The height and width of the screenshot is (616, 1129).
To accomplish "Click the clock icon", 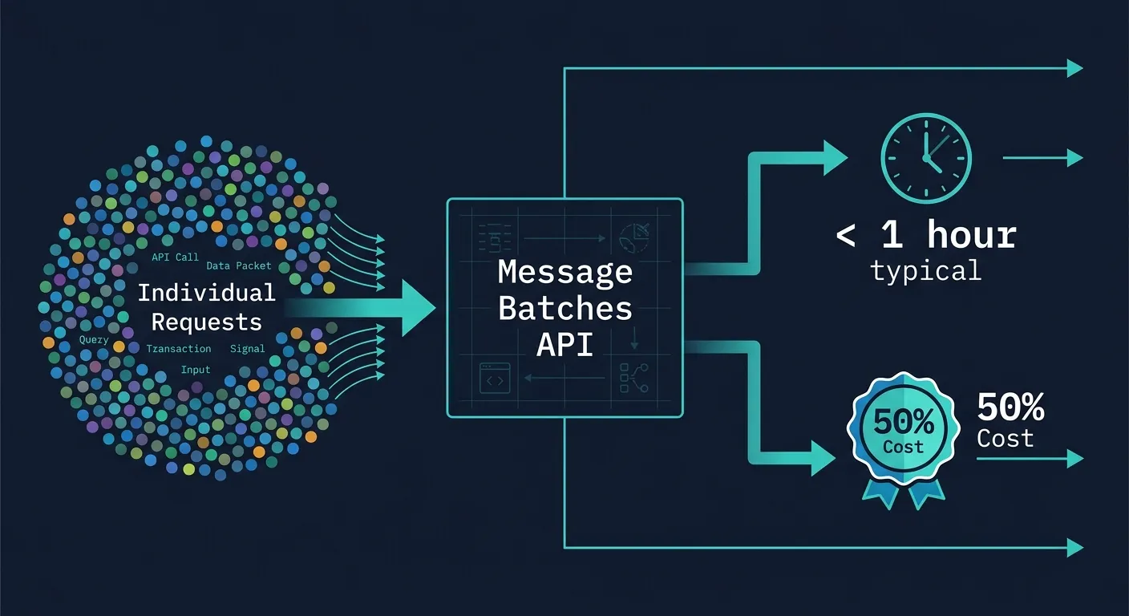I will tap(926, 156).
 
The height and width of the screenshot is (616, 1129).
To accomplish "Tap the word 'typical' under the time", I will tap(925, 271).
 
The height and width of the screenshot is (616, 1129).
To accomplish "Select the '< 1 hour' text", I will tap(926, 235).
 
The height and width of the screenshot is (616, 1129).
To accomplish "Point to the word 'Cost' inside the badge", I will tap(903, 447).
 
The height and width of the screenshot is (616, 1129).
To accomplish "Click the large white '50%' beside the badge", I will tap(1010, 409).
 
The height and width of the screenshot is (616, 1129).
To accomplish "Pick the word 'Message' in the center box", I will tap(564, 273).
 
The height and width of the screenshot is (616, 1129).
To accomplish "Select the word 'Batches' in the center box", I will tap(564, 309).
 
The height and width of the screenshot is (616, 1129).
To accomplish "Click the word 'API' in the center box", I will tap(564, 345).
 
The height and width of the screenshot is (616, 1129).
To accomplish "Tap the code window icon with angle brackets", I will tap(495, 378).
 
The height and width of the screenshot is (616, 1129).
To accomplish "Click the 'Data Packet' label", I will tap(238, 265).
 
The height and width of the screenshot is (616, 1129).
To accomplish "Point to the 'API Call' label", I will tap(175, 257).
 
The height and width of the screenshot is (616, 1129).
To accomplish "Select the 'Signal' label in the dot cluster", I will tap(247, 349).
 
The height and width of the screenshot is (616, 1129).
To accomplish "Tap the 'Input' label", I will tap(196, 370).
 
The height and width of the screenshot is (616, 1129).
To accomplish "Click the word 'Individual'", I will tap(206, 293).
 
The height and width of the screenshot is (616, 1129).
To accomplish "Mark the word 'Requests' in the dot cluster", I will tap(206, 322).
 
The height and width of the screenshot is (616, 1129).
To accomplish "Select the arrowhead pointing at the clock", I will tap(832, 156).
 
